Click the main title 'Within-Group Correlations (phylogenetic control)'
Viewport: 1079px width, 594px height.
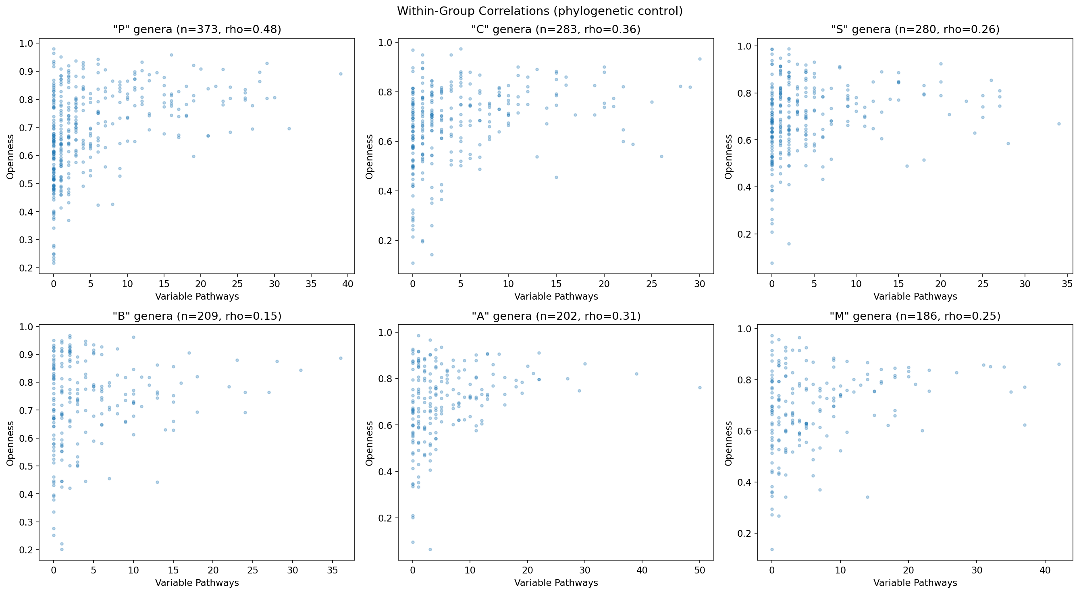click(x=539, y=11)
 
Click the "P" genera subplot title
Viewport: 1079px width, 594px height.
click(x=197, y=29)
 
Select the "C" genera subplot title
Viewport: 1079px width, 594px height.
click(x=556, y=29)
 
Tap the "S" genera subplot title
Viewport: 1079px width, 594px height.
click(x=915, y=29)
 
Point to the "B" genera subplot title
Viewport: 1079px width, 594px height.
click(x=197, y=316)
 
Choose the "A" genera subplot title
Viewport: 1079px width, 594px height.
click(x=556, y=316)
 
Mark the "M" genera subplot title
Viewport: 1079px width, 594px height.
click(x=915, y=316)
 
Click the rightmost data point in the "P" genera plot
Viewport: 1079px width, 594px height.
click(x=341, y=74)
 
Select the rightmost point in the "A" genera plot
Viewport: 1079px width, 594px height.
click(x=699, y=388)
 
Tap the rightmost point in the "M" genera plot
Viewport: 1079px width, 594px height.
click(x=1059, y=364)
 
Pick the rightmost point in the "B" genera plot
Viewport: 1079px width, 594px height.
click(x=341, y=358)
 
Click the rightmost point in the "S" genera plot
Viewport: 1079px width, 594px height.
click(x=1059, y=124)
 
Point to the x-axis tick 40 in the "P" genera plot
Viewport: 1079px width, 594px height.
click(x=348, y=284)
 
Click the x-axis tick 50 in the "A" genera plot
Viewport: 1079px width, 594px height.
click(x=699, y=570)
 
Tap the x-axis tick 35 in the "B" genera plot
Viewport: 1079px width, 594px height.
click(x=333, y=570)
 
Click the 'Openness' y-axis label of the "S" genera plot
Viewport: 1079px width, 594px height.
click(x=729, y=157)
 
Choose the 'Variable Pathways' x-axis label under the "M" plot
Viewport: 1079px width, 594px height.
click(x=915, y=583)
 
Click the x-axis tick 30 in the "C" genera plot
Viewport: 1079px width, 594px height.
click(x=699, y=284)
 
